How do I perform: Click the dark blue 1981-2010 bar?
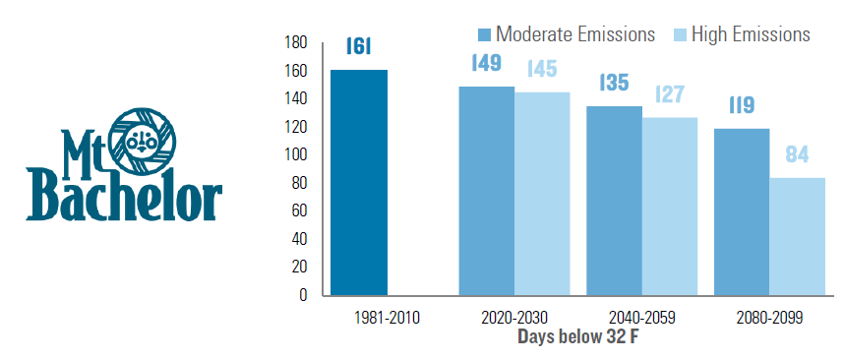(359, 182)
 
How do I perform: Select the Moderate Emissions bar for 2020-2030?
(486, 191)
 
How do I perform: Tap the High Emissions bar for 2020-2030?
(542, 194)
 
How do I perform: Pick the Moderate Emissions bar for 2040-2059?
(614, 201)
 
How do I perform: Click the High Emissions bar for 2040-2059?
(670, 207)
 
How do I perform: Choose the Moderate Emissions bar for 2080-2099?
(742, 212)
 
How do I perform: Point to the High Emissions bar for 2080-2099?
(798, 237)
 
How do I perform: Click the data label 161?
(358, 47)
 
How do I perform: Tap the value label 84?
(797, 155)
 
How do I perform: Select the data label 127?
(670, 94)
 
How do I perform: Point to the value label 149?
(486, 63)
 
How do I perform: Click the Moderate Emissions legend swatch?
(484, 35)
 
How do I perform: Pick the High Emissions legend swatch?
(680, 35)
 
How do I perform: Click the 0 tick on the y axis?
(302, 295)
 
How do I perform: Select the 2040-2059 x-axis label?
(641, 318)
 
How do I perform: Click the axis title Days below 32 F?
(578, 336)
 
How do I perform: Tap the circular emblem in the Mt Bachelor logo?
(143, 141)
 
